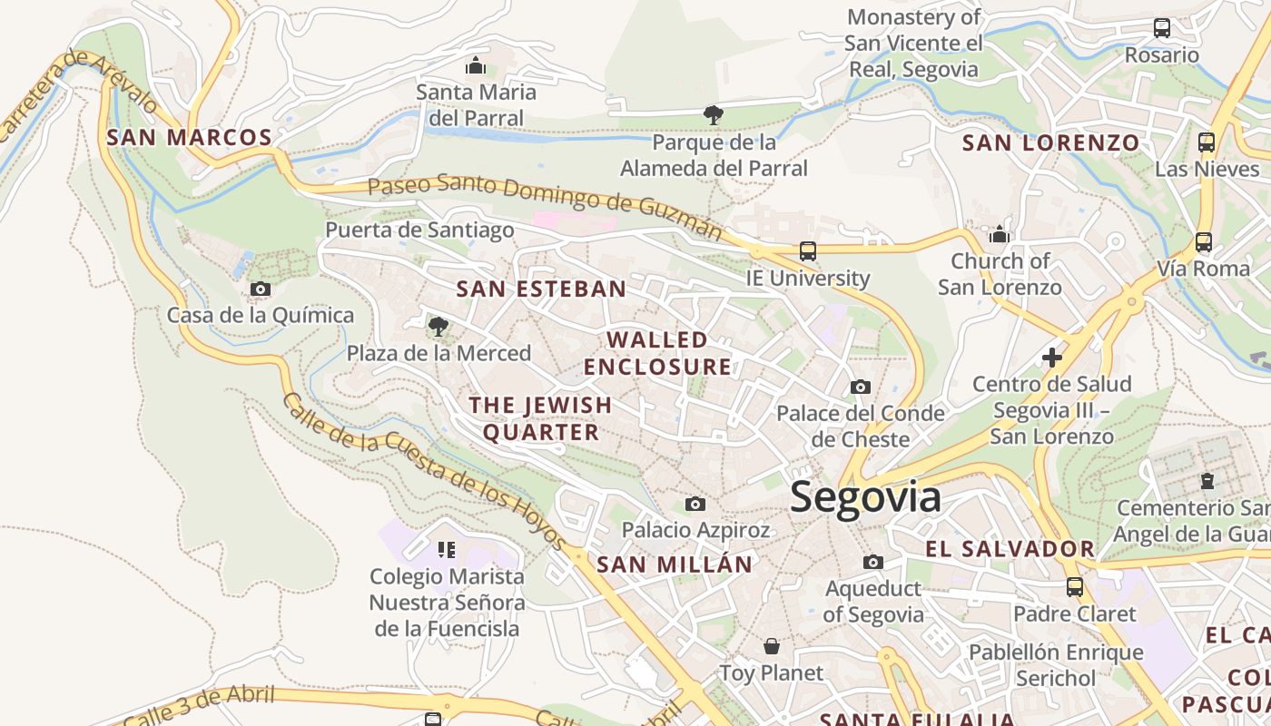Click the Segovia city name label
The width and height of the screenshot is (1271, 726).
click(865, 497)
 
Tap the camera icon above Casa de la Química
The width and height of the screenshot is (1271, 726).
click(261, 289)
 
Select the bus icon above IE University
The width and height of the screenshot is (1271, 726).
click(807, 250)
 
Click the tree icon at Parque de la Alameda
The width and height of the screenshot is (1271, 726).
click(714, 115)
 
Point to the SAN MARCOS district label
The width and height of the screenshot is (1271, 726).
click(189, 138)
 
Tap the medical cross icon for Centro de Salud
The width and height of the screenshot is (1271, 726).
click(1052, 358)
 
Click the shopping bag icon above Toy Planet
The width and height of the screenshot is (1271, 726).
click(772, 646)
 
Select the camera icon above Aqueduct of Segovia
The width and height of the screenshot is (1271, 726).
click(873, 563)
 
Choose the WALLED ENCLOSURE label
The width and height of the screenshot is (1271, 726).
click(657, 353)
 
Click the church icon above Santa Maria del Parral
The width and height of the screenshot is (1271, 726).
click(476, 65)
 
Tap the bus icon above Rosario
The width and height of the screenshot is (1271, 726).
click(1162, 28)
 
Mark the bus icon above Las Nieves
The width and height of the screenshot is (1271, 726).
click(1207, 142)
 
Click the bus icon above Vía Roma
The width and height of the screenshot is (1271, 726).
click(1204, 242)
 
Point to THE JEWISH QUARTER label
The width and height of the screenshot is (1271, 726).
click(541, 418)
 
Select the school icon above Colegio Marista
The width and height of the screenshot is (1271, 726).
click(446, 549)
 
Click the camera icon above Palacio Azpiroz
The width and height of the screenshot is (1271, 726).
click(695, 504)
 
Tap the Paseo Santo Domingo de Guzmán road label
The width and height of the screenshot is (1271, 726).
click(545, 204)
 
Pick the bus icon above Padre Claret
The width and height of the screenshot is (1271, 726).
click(1075, 587)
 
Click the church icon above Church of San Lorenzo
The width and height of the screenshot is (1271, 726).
click(1000, 234)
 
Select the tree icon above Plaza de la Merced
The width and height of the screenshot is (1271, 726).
click(438, 327)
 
